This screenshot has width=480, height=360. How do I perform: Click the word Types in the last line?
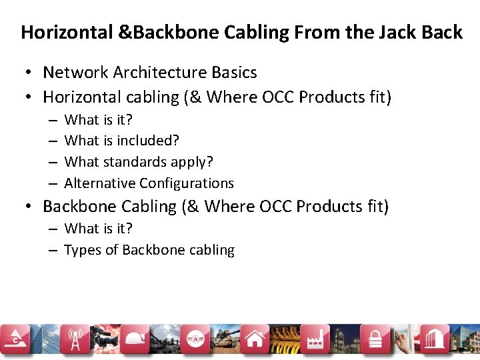[x=81, y=250]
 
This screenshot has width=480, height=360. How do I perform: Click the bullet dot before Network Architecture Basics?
[x=29, y=72]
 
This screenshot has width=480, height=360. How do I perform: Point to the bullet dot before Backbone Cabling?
[x=29, y=207]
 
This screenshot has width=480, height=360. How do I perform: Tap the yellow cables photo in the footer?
[x=283, y=340]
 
